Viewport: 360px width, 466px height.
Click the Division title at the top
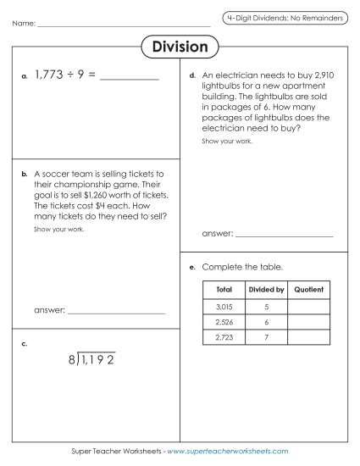click(180, 46)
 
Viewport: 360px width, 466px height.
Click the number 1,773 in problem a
click(49, 76)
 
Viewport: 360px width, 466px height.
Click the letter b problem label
click(25, 174)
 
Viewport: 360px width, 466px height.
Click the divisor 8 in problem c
click(72, 361)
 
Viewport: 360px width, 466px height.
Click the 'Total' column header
click(224, 290)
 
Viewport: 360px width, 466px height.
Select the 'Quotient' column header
click(308, 290)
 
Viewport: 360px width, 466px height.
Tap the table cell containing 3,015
click(224, 306)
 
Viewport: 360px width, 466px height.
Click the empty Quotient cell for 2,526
click(308, 322)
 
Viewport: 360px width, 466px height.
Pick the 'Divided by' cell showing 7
click(266, 337)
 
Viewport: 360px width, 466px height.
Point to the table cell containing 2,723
click(224, 337)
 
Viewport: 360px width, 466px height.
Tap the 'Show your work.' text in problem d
click(227, 141)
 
